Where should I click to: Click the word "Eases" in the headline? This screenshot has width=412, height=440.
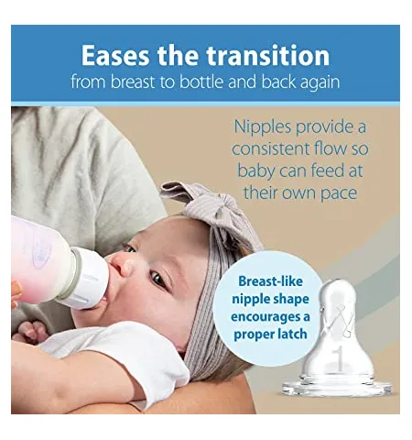pyautogui.click(x=115, y=55)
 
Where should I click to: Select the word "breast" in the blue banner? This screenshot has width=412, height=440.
pyautogui.click(x=132, y=82)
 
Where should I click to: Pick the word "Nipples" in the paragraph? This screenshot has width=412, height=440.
pyautogui.click(x=262, y=127)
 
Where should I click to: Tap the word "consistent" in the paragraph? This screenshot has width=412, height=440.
pyautogui.click(x=271, y=148)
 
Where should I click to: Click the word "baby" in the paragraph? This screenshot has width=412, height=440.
pyautogui.click(x=255, y=171)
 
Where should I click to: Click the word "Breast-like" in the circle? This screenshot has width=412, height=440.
pyautogui.click(x=270, y=281)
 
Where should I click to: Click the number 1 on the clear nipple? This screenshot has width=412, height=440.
pyautogui.click(x=338, y=357)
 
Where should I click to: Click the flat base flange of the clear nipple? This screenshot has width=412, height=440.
pyautogui.click(x=337, y=389)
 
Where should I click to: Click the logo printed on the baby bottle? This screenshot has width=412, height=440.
pyautogui.click(x=41, y=251)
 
